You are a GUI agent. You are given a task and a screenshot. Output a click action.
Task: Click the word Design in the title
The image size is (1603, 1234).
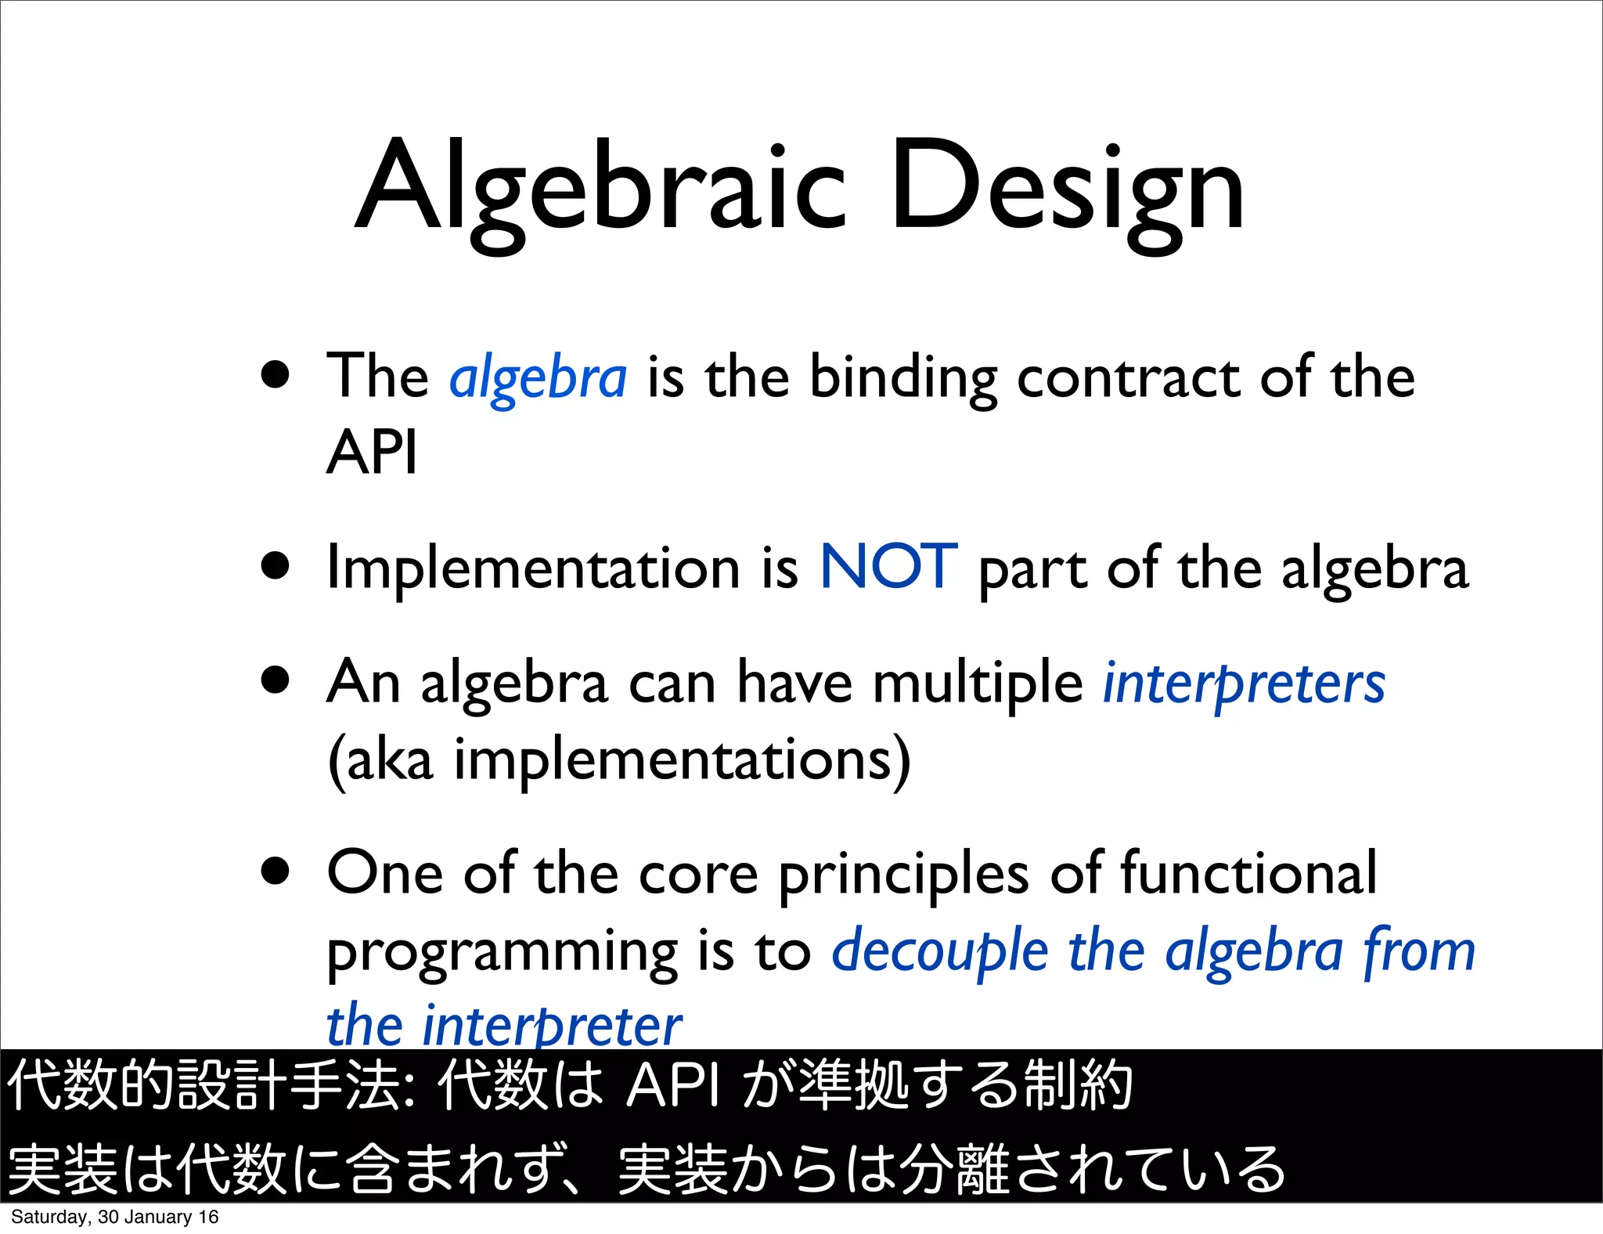click(1066, 188)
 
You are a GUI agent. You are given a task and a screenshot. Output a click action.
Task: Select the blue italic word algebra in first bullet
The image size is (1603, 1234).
click(538, 378)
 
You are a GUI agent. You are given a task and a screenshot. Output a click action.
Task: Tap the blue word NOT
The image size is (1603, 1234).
click(888, 567)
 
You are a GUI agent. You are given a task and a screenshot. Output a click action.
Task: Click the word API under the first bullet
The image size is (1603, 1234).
click(372, 453)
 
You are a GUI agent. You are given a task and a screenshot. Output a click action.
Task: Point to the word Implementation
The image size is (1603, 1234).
click(533, 568)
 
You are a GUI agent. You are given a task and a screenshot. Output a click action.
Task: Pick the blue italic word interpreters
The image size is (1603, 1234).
click(1244, 683)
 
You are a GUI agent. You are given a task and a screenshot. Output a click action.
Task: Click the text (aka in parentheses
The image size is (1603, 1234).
click(380, 760)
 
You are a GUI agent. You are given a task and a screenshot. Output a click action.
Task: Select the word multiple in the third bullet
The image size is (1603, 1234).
click(978, 683)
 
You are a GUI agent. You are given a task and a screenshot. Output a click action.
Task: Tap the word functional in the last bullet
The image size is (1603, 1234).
click(1248, 873)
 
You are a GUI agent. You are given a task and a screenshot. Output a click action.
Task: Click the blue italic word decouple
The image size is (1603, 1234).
click(939, 951)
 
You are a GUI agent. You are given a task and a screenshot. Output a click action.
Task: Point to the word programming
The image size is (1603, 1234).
click(502, 952)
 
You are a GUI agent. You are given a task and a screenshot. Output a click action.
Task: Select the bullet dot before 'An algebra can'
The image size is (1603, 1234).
click(276, 680)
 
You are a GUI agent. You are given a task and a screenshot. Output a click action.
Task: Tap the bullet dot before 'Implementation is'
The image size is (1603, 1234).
click(276, 565)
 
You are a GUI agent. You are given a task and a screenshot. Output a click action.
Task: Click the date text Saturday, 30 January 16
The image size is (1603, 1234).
click(114, 1217)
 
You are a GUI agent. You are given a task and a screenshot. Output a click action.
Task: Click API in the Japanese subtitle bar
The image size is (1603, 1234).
click(673, 1086)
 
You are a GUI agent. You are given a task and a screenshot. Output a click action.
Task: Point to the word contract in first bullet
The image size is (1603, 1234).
click(1128, 378)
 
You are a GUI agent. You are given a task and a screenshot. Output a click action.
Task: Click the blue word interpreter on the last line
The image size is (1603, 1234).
click(552, 1026)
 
